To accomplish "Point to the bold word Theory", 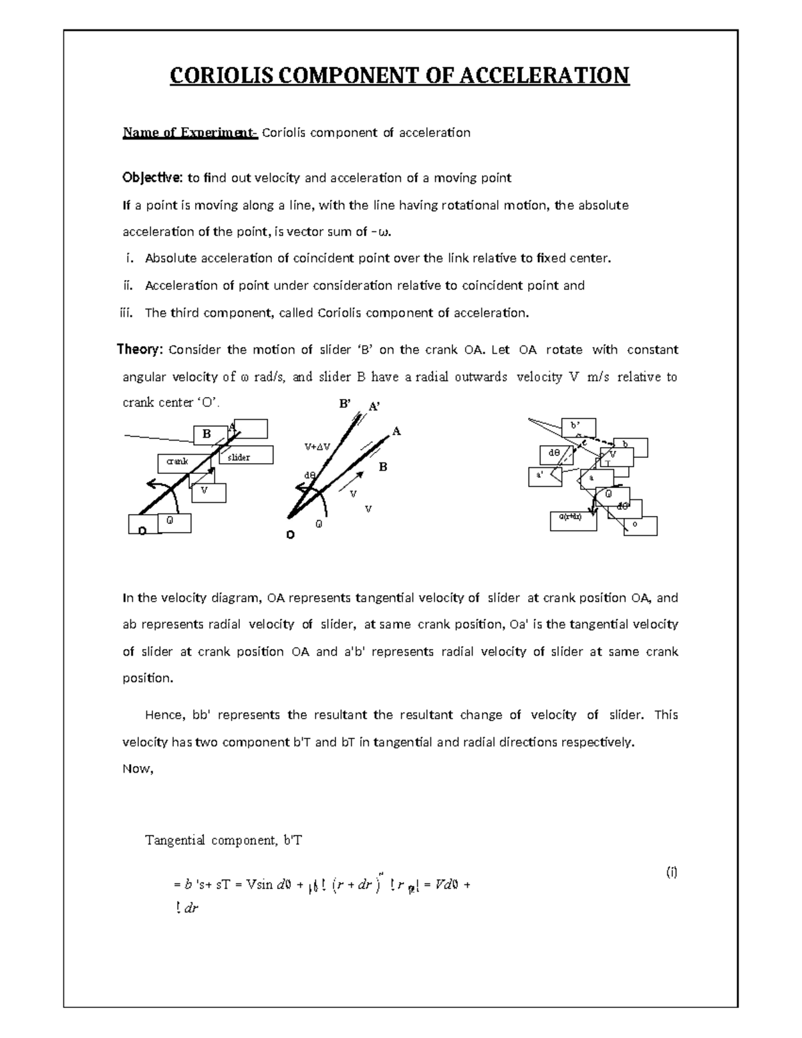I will pyautogui.click(x=140, y=350).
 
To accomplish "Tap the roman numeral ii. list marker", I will pyautogui.click(x=128, y=286).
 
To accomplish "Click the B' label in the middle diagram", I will pyautogui.click(x=346, y=404).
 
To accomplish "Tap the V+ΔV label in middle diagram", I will pyautogui.click(x=317, y=446).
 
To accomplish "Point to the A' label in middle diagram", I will pyautogui.click(x=375, y=407).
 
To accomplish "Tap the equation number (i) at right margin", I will pyautogui.click(x=671, y=872).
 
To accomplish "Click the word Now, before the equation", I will pyautogui.click(x=138, y=769).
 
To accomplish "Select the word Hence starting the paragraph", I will pyautogui.click(x=163, y=715).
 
